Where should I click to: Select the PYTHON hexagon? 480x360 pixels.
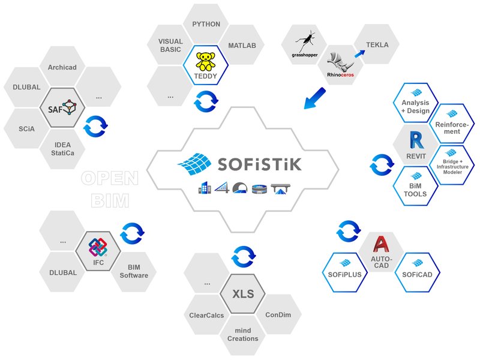[x=206, y=25]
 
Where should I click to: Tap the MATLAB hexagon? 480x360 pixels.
[x=242, y=46]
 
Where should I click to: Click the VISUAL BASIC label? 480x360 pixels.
[x=170, y=46]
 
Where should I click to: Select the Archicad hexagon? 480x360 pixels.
[x=62, y=67]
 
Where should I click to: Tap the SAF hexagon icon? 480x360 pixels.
[x=62, y=108]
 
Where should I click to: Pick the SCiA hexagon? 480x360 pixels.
[x=26, y=128]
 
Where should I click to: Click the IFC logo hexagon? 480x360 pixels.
[x=97, y=251]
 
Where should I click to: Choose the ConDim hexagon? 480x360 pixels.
[x=277, y=314]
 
